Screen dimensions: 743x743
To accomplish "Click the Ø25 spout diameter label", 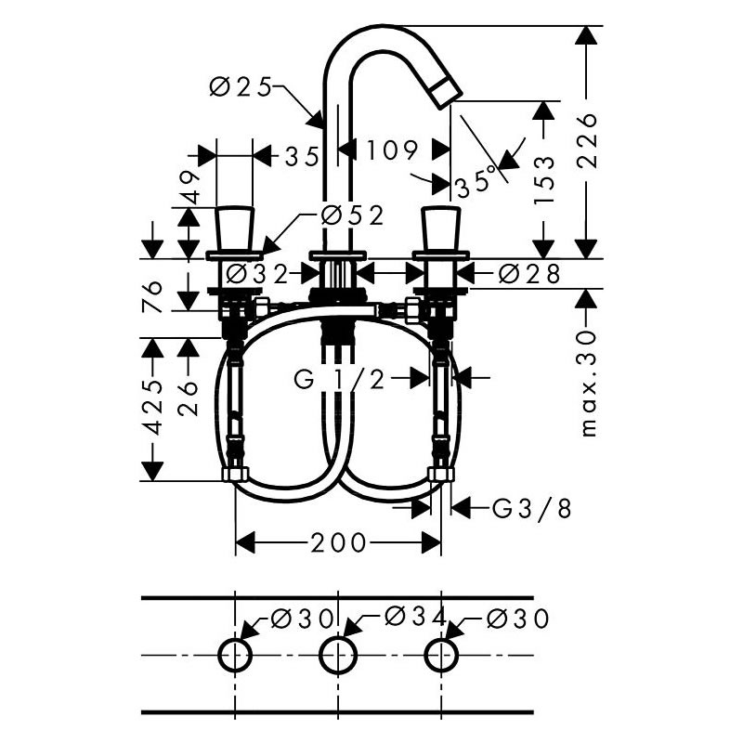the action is pyautogui.click(x=241, y=87).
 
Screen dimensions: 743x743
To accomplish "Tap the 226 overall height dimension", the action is pyautogui.click(x=587, y=140).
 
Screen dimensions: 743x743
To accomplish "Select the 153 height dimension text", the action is pyautogui.click(x=543, y=179).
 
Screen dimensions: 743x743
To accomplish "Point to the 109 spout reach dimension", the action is pyautogui.click(x=392, y=150).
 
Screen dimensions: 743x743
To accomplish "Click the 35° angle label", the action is pyautogui.click(x=476, y=183).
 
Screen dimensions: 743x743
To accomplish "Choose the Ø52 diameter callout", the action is pyautogui.click(x=352, y=216).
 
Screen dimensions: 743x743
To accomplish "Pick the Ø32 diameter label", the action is pyautogui.click(x=257, y=273).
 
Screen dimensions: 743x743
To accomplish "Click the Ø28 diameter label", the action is pyautogui.click(x=529, y=274).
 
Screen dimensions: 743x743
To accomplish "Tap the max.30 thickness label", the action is pyautogui.click(x=588, y=384).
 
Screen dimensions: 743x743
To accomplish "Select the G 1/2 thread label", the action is pyautogui.click(x=339, y=379).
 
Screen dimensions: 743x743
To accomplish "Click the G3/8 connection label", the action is pyautogui.click(x=531, y=509).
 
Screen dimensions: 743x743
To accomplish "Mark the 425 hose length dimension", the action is pyautogui.click(x=152, y=407).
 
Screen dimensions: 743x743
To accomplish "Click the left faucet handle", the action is pyautogui.click(x=234, y=228).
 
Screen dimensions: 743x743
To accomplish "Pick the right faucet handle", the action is pyautogui.click(x=441, y=228).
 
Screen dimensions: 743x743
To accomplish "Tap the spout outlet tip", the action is pyautogui.click(x=447, y=92).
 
